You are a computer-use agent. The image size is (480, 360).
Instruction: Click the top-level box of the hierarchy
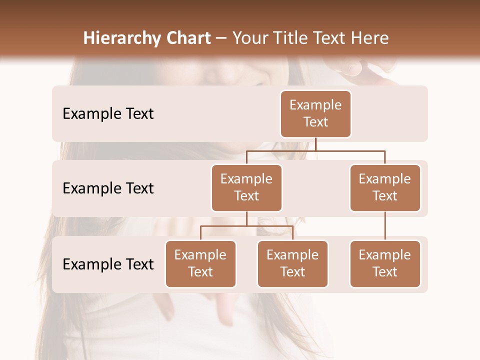315,113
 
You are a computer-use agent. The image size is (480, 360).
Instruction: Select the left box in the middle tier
246,187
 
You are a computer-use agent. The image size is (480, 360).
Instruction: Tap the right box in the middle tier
385,187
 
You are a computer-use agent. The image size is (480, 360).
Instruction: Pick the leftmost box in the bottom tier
200,263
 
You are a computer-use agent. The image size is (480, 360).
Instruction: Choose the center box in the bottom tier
292,263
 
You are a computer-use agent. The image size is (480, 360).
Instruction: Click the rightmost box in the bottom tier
385,263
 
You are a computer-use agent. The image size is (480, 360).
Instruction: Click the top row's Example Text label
108,114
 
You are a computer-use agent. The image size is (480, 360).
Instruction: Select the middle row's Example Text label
108,188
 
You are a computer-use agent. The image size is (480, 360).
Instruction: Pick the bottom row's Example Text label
108,264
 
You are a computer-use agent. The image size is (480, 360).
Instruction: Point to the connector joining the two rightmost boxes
385,226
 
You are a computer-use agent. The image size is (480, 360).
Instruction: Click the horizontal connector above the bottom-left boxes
246,226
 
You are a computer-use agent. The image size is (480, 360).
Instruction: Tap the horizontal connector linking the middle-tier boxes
315,150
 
